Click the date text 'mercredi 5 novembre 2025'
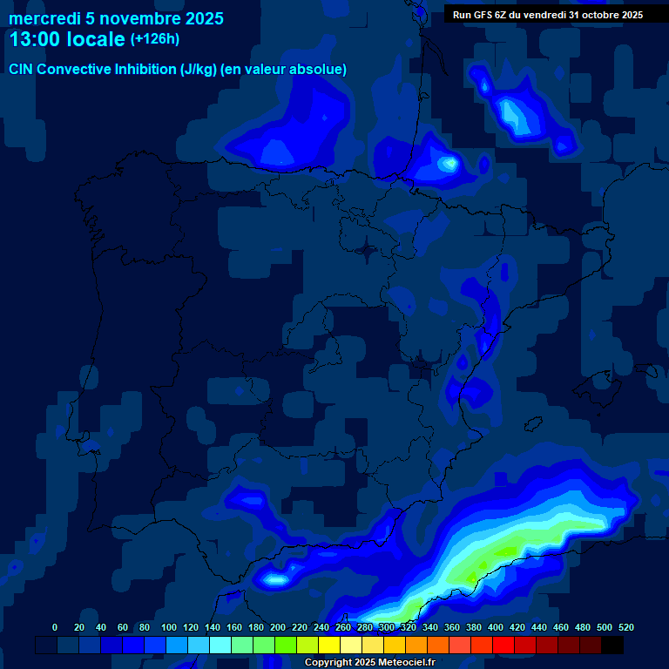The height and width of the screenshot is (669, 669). (116, 18)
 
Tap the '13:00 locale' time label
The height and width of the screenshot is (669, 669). (66, 39)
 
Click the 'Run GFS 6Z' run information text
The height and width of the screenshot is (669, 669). (481, 14)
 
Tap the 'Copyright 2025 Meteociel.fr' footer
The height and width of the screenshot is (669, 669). (369, 662)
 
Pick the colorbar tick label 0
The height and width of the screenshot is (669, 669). (55, 627)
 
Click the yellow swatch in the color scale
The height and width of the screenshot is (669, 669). (329, 645)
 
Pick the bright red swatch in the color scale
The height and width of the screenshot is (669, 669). (503, 645)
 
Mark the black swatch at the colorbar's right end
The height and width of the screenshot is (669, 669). (612, 645)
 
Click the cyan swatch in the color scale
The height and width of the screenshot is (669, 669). (220, 645)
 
